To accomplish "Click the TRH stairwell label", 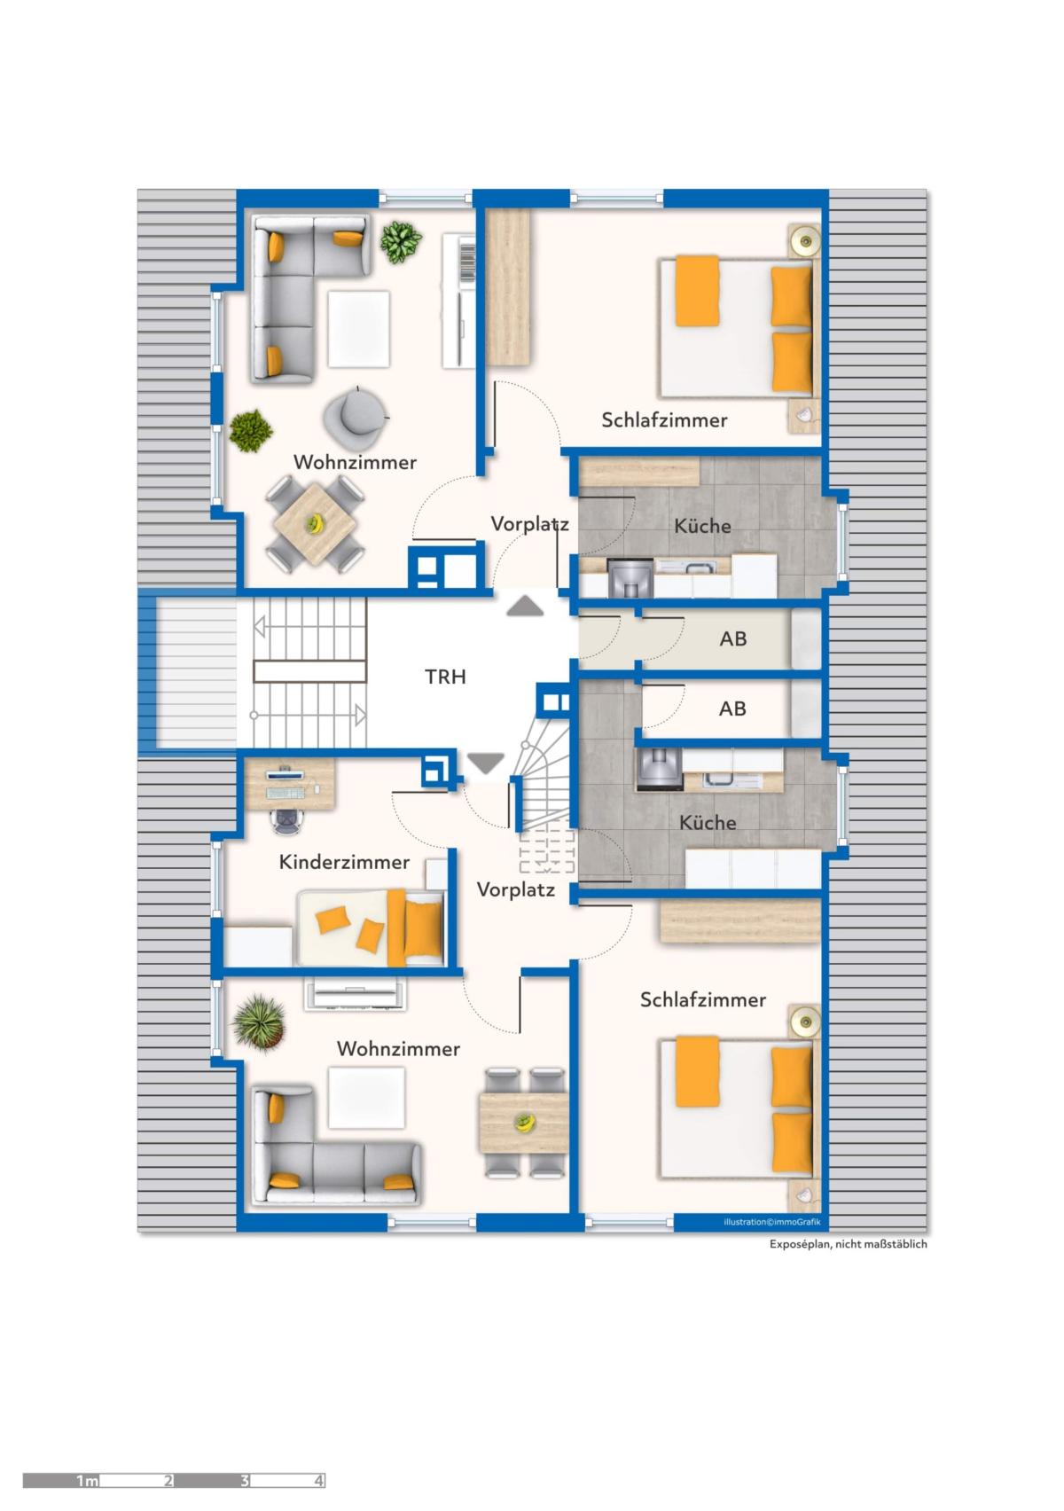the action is (x=445, y=677).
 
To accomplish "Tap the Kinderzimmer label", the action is (x=344, y=861).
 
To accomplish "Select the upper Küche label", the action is (x=702, y=525).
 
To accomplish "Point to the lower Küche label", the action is (x=707, y=822).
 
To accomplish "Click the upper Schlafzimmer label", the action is (x=664, y=419).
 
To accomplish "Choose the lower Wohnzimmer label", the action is (x=398, y=1048).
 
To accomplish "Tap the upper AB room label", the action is (x=732, y=638).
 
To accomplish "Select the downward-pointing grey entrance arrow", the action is (x=486, y=763).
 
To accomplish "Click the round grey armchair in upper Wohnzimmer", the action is (x=356, y=416).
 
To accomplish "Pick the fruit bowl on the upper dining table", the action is (x=315, y=523).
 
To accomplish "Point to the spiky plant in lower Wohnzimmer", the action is (x=259, y=1022).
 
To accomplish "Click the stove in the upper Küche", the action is (x=630, y=578).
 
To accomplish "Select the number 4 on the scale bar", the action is (x=318, y=1481).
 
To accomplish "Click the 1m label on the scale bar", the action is (x=87, y=1481).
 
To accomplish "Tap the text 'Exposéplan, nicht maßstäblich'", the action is (x=848, y=1244).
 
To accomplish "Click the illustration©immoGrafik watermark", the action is (x=772, y=1222).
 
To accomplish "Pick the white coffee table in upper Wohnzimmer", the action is (x=359, y=328).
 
